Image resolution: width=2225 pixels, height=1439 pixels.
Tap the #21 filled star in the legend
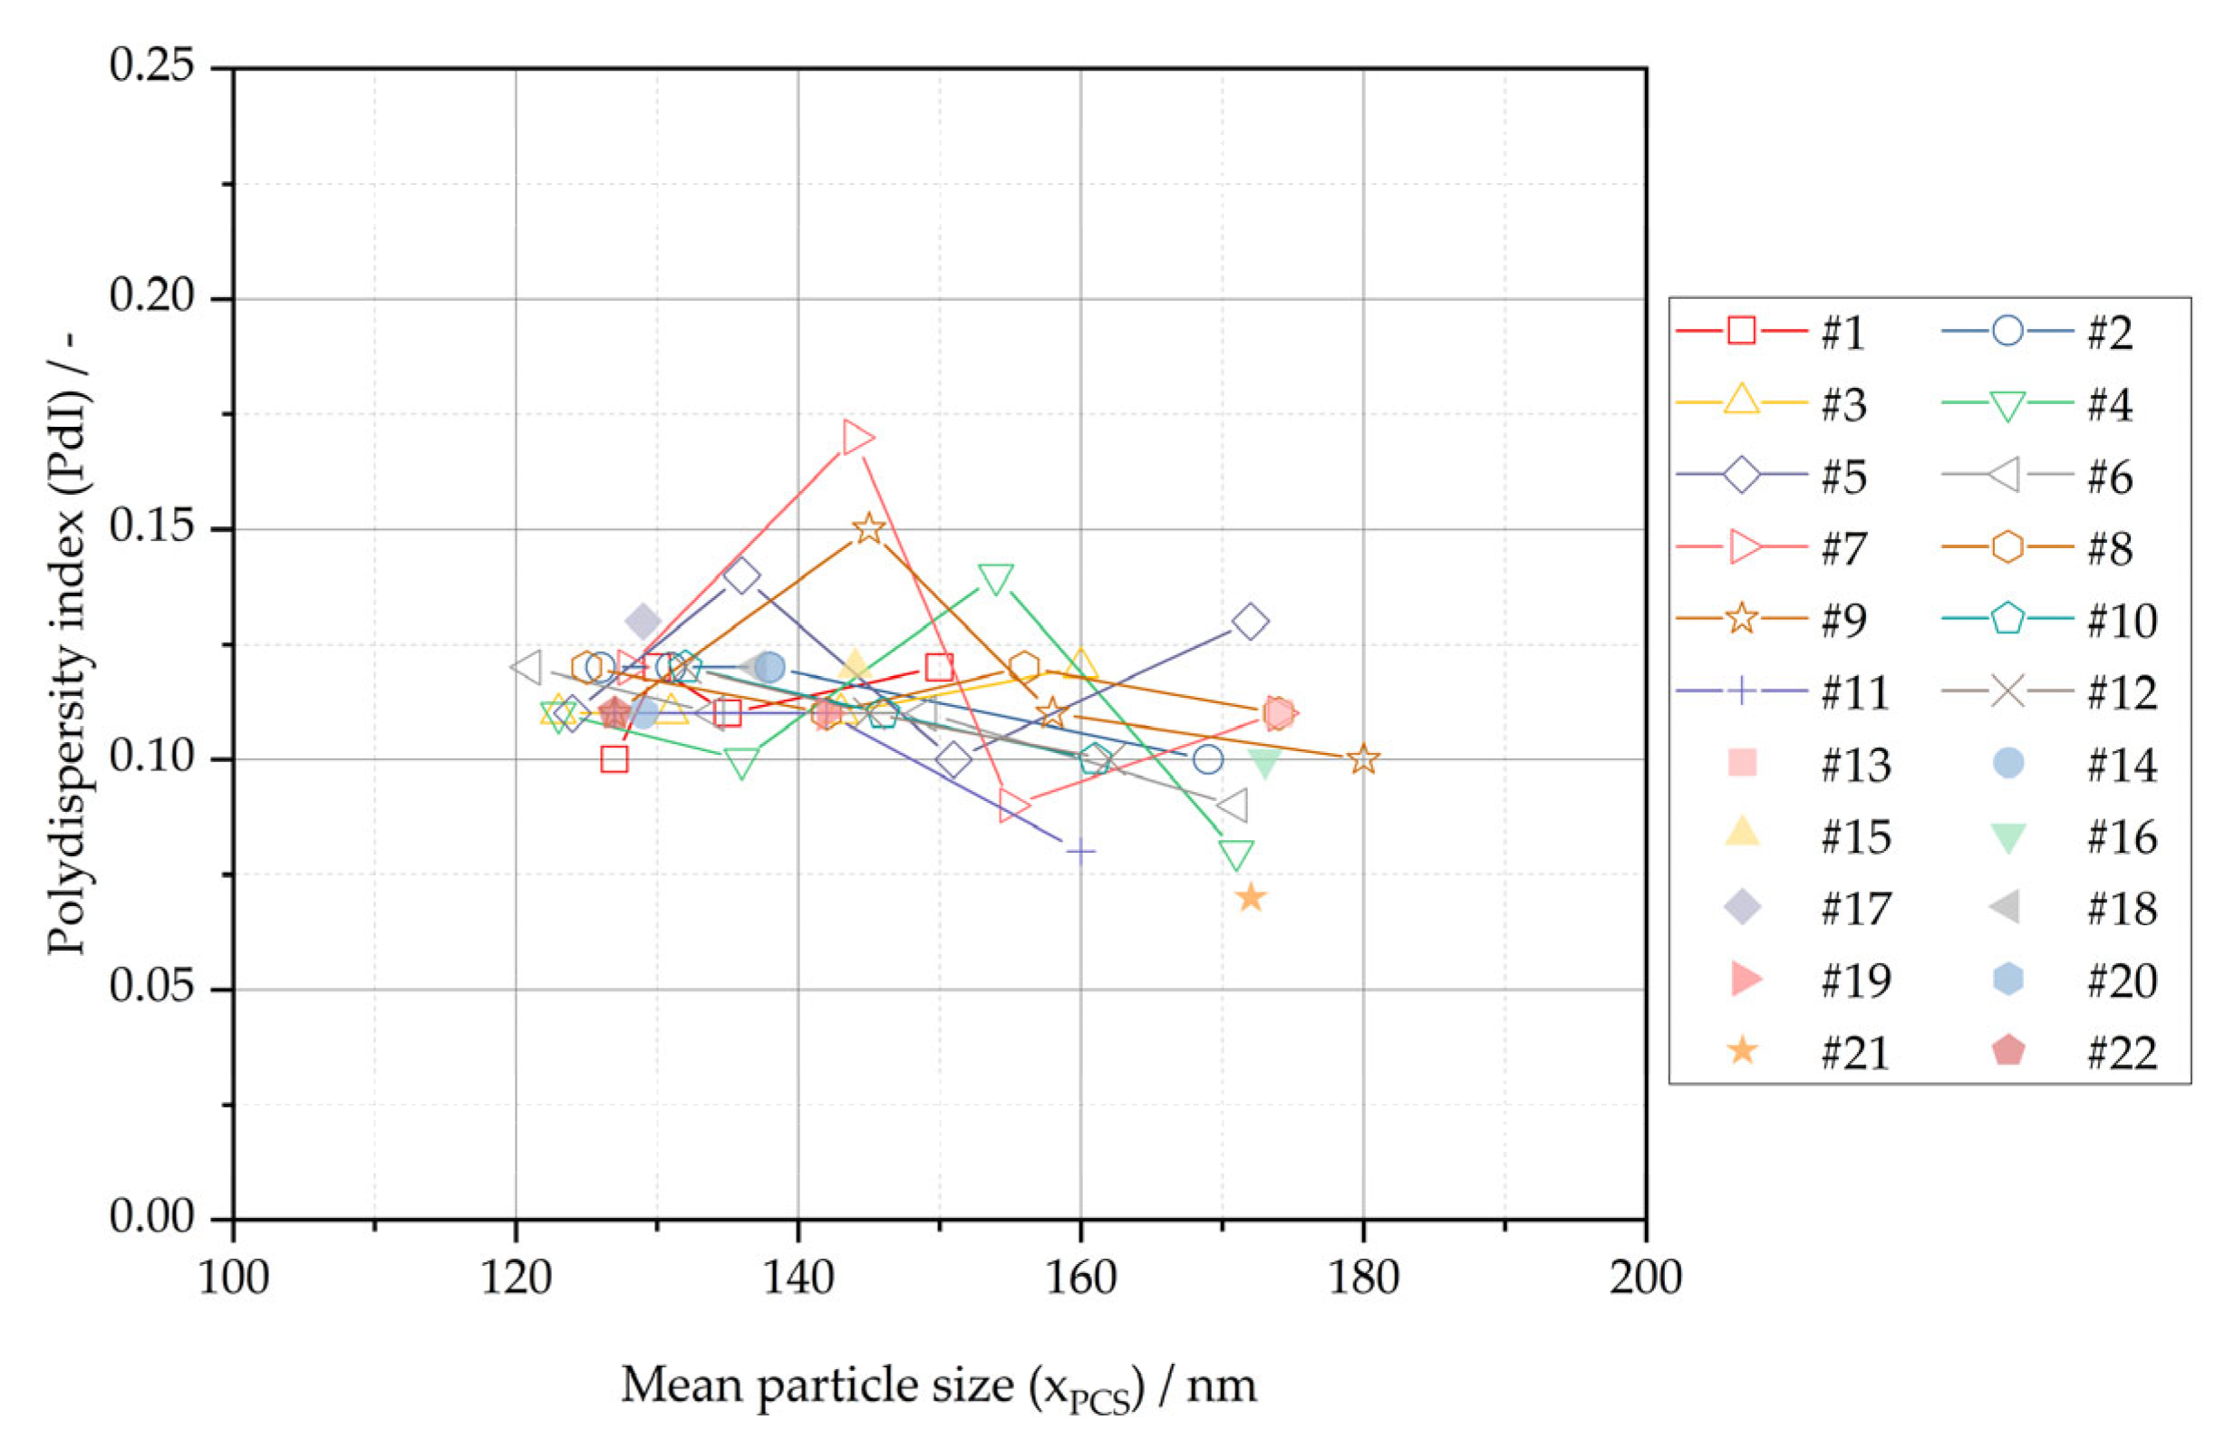click(x=1742, y=1051)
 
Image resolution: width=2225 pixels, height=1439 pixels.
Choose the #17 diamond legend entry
click(x=1742, y=907)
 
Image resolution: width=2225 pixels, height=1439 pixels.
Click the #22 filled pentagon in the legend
click(x=2007, y=1051)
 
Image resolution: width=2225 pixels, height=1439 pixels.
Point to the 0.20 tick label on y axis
click(x=151, y=297)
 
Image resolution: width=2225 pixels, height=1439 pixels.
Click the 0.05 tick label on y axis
click(x=151, y=988)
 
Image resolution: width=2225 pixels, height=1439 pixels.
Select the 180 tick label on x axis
click(x=1363, y=1278)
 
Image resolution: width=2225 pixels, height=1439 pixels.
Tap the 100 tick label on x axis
click(x=234, y=1278)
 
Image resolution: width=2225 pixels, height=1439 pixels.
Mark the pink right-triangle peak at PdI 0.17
click(x=856, y=438)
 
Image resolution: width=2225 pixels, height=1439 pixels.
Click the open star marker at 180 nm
click(x=1363, y=758)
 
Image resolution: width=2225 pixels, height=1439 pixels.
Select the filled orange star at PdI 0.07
click(x=1251, y=898)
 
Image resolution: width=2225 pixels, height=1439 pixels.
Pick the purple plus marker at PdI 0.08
click(x=1080, y=851)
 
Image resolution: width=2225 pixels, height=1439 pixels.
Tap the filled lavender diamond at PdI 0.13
click(x=643, y=621)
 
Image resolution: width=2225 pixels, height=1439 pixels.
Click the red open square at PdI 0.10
click(x=614, y=758)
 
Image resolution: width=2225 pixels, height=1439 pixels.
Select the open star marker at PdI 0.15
click(x=869, y=528)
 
